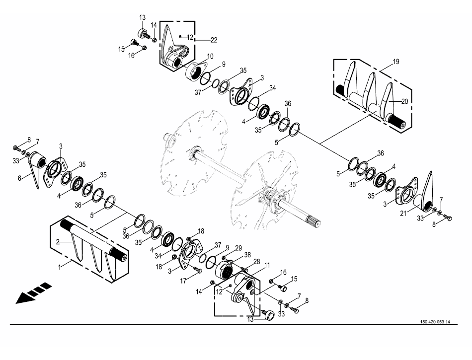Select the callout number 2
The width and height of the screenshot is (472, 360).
click(x=58, y=242)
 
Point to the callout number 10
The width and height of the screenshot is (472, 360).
click(x=211, y=56)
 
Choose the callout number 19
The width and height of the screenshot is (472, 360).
click(x=396, y=62)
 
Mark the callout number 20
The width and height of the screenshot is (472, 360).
click(x=405, y=101)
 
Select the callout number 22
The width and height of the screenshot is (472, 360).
click(x=214, y=40)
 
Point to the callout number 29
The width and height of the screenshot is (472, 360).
click(x=238, y=247)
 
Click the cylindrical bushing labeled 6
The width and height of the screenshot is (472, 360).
click(x=37, y=161)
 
